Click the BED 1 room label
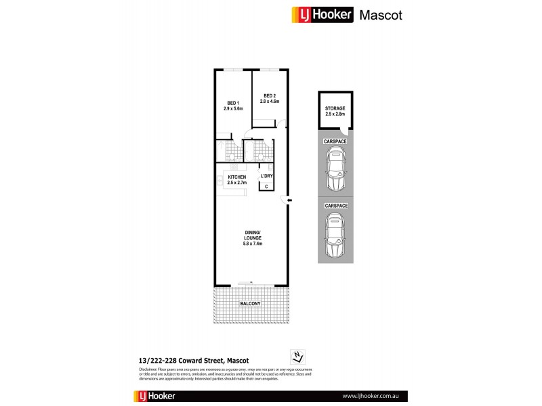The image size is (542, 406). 232,103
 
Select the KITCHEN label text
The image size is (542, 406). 236,177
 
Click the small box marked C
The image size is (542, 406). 266,186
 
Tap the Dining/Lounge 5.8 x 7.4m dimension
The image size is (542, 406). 253,244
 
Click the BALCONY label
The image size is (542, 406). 250,304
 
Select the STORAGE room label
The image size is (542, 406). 335,108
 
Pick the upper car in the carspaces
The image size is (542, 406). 335,171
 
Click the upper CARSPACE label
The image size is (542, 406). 335,141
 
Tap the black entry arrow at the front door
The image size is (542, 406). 290,200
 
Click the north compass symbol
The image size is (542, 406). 295,357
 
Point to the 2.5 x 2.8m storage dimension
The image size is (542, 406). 335,114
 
